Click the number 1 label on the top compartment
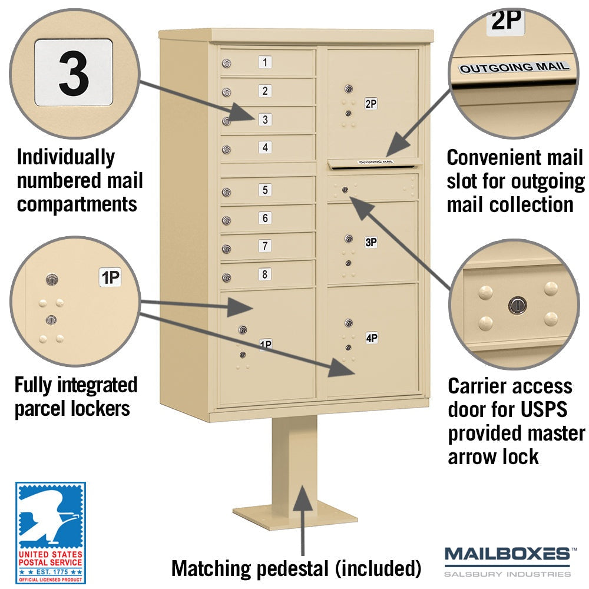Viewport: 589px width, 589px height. pos(265,62)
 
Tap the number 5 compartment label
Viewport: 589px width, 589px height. pos(265,190)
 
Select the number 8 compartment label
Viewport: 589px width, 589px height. pos(265,274)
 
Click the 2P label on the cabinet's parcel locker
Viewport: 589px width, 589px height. pos(370,104)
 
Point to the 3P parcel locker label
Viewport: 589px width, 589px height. pos(371,242)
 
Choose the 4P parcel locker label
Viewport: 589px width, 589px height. pos(372,338)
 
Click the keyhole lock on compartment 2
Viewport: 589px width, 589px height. pos(226,92)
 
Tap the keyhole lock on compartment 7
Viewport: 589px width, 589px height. pos(226,249)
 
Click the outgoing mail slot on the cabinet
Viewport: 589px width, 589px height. pos(375,164)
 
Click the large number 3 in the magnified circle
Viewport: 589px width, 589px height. pos(74,73)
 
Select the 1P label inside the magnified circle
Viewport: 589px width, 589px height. pos(110,277)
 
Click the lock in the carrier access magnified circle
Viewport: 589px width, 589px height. pos(518,305)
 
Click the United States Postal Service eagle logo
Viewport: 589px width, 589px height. pos(51,532)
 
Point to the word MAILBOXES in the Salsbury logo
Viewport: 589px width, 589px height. pos(507,554)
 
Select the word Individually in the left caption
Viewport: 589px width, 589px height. pos(66,157)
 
